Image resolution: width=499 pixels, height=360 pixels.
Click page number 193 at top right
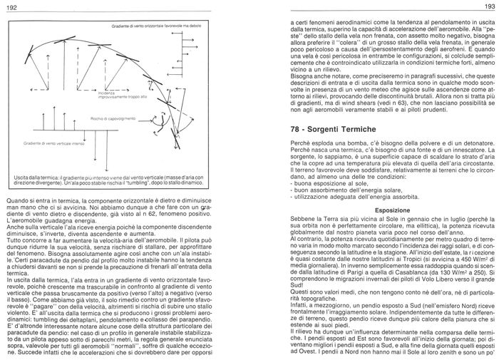(488, 6)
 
